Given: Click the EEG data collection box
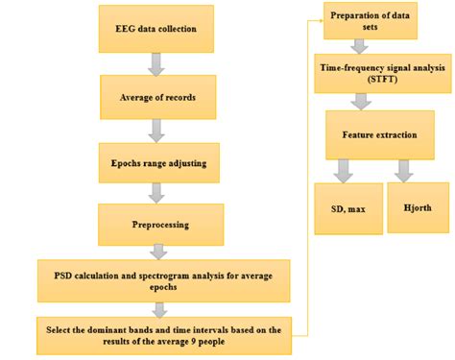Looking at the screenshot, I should pyautogui.click(x=156, y=30).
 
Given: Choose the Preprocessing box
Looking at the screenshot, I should pyautogui.click(x=159, y=225).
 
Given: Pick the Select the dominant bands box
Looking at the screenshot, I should pyautogui.click(x=163, y=335).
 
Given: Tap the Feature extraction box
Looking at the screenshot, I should pyautogui.click(x=379, y=134).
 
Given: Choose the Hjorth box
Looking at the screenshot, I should pyautogui.click(x=417, y=206).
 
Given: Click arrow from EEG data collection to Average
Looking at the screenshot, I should pyautogui.click(x=156, y=63).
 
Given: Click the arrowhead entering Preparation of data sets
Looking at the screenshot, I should pyautogui.click(x=320, y=19).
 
